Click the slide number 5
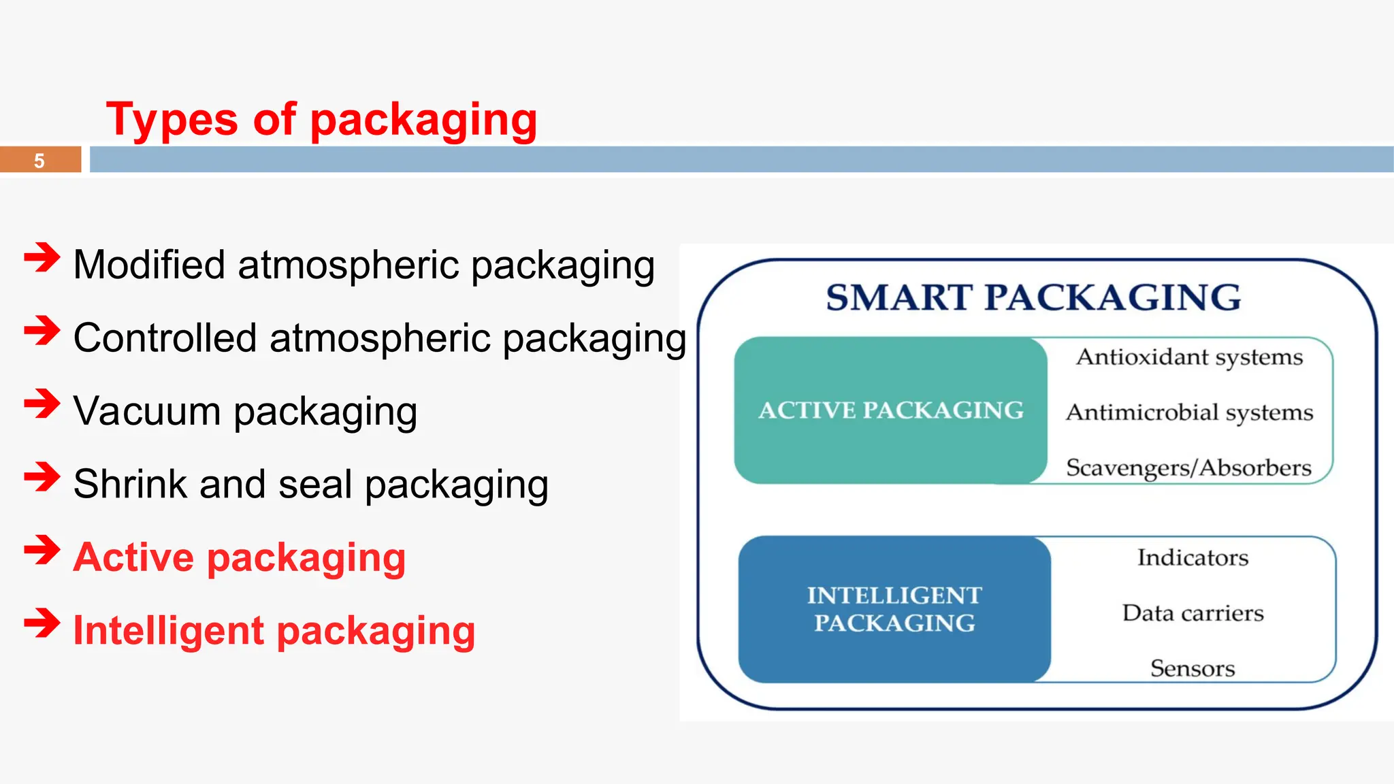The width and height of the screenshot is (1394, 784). point(39,161)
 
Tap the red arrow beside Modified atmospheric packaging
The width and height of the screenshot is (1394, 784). point(42,258)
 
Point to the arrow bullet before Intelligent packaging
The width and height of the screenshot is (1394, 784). point(42,623)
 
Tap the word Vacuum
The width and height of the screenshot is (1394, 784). point(146,412)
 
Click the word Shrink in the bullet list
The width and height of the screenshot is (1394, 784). point(130,485)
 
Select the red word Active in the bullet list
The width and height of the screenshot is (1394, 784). point(133,557)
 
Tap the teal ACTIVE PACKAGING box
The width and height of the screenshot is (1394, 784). point(890,410)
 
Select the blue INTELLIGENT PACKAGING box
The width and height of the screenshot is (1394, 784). point(894,609)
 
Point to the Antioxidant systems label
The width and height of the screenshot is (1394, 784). point(1189,357)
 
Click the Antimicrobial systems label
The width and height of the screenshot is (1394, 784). point(1189,412)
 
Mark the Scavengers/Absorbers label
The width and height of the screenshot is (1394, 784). point(1188,468)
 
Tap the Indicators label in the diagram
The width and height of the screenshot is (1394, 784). point(1193,558)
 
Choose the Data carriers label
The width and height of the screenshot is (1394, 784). point(1193,613)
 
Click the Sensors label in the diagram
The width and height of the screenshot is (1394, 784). point(1193,668)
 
